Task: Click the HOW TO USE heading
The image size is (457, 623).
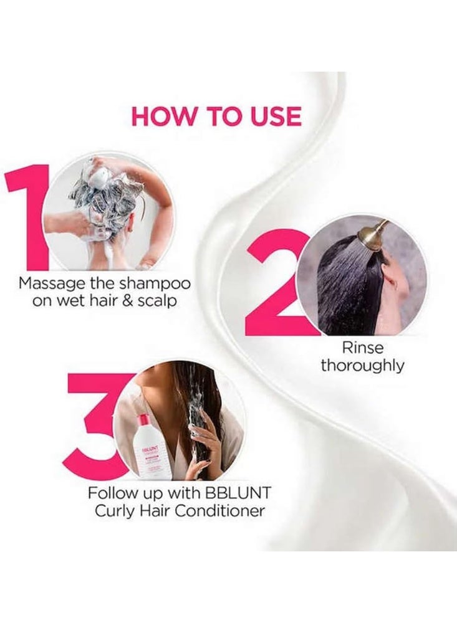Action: click(x=216, y=117)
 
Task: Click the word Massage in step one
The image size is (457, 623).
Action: click(x=48, y=283)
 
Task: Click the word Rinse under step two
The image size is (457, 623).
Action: click(x=362, y=347)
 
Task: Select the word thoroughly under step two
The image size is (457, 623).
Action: click(x=362, y=365)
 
